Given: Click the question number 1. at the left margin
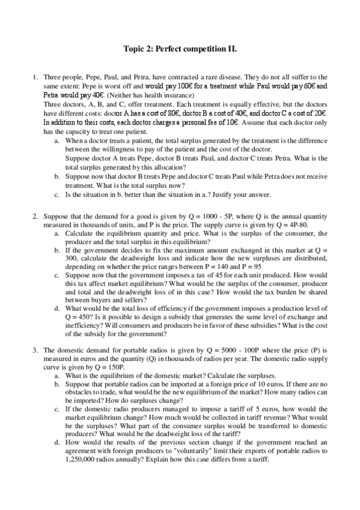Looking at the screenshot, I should (35, 78).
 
